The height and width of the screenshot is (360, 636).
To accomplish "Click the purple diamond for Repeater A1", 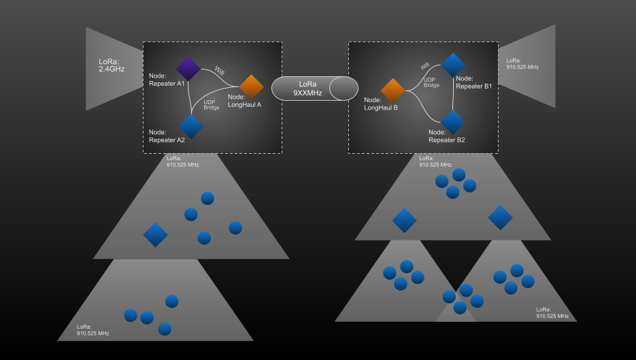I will [x=188, y=68].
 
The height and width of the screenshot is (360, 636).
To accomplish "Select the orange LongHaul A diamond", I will [x=251, y=86].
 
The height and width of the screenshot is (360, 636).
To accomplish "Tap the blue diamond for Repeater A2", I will [x=191, y=126].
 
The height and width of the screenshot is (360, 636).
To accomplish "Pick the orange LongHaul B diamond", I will [x=393, y=91].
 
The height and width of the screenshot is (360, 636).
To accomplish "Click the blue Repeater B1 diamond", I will [x=453, y=65].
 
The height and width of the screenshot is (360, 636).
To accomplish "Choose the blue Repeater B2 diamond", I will [x=453, y=122].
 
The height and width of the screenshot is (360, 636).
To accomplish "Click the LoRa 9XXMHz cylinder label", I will [x=307, y=88].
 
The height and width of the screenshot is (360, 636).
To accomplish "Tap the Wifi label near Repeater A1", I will [x=220, y=70].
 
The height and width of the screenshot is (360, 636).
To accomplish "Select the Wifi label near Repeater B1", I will [x=425, y=66].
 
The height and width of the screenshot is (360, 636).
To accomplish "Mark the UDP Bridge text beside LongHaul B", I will [x=431, y=82].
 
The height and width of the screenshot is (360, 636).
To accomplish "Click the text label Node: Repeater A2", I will [x=167, y=136].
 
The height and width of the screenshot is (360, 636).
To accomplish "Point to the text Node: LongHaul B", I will [x=381, y=103].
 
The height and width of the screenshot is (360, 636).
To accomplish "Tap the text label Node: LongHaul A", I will [x=245, y=101].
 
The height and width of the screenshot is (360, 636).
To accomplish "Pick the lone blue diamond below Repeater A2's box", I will [x=155, y=235].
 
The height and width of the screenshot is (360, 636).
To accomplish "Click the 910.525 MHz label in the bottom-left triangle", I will [x=93, y=330].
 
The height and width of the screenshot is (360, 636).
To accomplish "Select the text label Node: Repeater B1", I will [x=473, y=82].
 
